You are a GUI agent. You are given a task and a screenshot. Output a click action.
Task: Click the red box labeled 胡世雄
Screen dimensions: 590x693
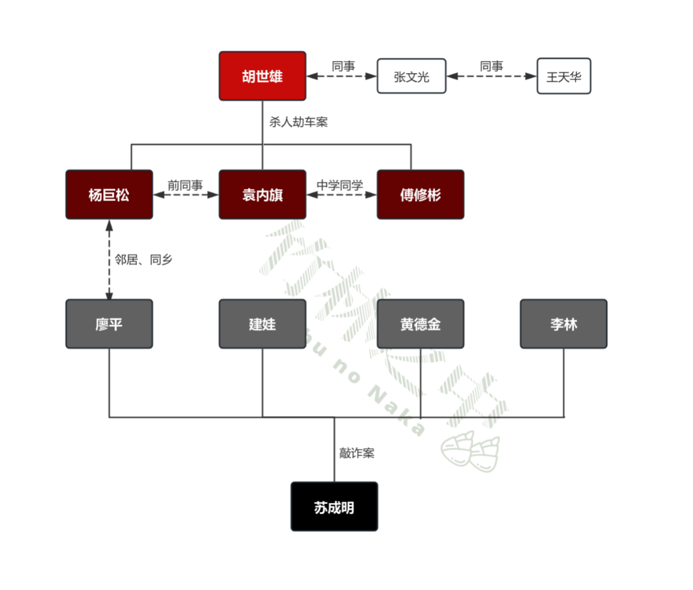pos(262,76)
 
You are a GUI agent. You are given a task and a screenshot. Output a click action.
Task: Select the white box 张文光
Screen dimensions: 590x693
pos(412,76)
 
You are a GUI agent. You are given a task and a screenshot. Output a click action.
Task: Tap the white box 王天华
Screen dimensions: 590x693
pos(564,76)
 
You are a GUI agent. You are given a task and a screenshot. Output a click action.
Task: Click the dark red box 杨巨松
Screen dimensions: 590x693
pos(109,195)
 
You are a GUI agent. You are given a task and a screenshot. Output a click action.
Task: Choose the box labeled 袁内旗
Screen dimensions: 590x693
pos(262,195)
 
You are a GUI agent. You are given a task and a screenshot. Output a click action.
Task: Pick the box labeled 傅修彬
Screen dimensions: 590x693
pos(420,195)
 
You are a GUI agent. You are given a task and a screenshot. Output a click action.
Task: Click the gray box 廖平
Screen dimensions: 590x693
pos(109,324)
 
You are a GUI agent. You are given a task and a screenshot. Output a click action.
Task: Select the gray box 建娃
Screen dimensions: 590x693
pos(262,324)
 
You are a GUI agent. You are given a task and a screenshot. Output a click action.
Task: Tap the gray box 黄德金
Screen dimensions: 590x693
pos(420,324)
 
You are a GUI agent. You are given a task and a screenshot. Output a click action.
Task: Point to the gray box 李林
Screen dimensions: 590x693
pos(563,324)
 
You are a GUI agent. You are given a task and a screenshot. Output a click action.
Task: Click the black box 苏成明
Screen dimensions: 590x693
pos(334,507)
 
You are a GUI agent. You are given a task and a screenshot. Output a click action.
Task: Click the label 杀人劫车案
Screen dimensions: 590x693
pos(298,122)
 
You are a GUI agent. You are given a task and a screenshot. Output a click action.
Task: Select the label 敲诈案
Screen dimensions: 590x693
pos(356,453)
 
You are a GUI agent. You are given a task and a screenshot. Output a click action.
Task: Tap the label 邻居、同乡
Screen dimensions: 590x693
pos(144,259)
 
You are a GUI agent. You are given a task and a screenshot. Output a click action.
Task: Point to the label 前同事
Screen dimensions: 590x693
pos(185,185)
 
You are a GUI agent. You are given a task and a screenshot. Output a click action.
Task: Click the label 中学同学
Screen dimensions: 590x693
pos(340,185)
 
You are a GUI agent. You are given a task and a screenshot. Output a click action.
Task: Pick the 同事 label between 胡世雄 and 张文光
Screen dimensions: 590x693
pos(343,67)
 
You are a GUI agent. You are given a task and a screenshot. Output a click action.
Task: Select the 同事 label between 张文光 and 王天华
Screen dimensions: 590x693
pos(492,67)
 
